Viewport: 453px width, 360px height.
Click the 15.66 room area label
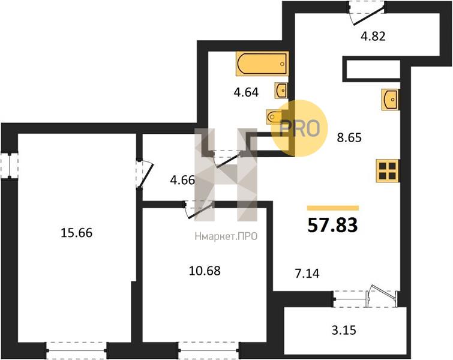click(77, 233)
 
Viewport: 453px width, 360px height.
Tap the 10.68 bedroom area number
click(205, 271)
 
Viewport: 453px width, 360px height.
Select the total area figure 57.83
click(332, 226)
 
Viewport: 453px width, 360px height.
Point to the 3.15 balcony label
click(344, 330)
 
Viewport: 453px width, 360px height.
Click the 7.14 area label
click(307, 274)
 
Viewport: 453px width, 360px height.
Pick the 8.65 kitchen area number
click(349, 138)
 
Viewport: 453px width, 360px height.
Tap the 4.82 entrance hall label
click(373, 37)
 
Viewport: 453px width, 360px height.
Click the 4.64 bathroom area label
click(246, 92)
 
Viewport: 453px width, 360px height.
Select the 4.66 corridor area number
click(182, 181)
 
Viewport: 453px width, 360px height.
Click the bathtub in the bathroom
click(262, 64)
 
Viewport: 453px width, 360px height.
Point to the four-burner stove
click(387, 171)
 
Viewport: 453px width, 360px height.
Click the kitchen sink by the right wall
click(390, 100)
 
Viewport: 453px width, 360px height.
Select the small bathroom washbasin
click(281, 91)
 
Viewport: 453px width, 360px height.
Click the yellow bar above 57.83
click(333, 208)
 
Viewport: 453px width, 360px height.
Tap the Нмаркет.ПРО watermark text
click(226, 237)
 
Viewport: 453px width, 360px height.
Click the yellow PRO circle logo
click(299, 128)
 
